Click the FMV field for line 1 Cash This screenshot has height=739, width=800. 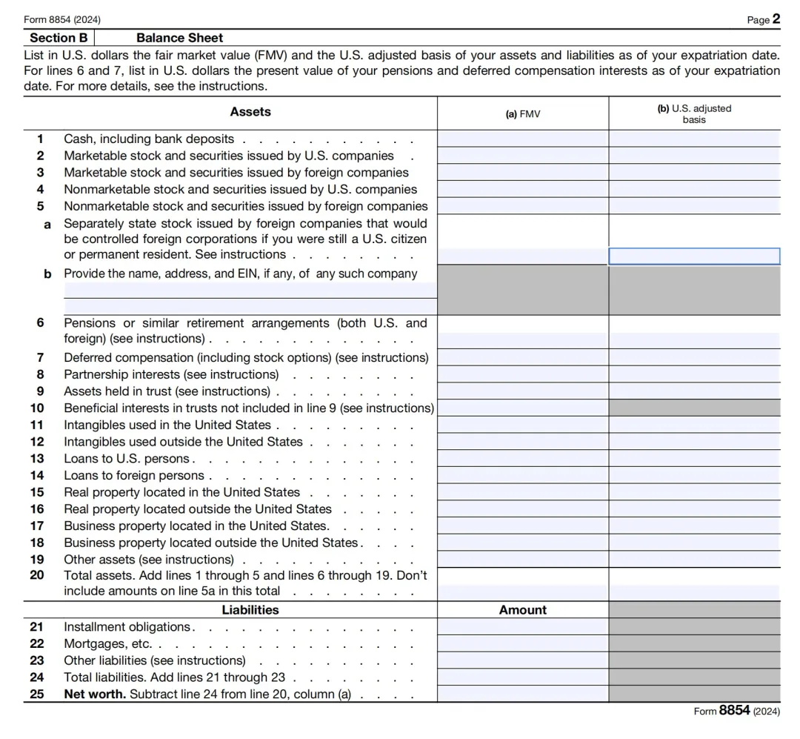522,139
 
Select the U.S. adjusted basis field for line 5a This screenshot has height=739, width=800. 694,256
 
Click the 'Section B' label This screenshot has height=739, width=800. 59,38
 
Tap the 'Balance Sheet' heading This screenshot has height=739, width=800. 179,38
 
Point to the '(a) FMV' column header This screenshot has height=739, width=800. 522,114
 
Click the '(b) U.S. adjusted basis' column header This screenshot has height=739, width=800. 694,113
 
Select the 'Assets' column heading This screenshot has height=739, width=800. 250,112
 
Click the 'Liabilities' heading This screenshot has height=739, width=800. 250,610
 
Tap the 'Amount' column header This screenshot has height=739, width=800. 522,610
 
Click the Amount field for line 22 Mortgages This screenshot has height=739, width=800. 522,643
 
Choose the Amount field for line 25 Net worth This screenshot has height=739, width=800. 522,695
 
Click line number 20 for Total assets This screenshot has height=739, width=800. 37,575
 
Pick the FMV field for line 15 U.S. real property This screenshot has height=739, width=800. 522,492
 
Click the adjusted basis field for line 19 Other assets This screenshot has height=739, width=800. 694,560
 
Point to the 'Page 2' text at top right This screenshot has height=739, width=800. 763,19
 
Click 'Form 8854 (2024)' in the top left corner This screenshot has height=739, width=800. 63,19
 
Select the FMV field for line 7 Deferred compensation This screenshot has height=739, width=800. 522,357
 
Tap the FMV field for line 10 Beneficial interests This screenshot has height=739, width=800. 522,408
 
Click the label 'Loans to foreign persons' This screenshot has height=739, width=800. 134,475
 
